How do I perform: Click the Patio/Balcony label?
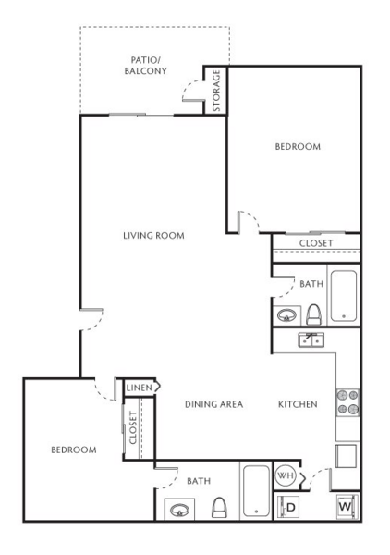pyautogui.click(x=145, y=66)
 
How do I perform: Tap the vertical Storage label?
pyautogui.click(x=216, y=91)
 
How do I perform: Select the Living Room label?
pyautogui.click(x=153, y=235)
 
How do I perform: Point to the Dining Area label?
pyautogui.click(x=213, y=404)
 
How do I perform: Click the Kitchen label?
pyautogui.click(x=298, y=404)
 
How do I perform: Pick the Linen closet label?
pyautogui.click(x=140, y=388)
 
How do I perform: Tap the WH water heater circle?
pyautogui.click(x=286, y=475)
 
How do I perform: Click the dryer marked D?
pyautogui.click(x=287, y=507)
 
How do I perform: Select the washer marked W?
pyautogui.click(x=347, y=506)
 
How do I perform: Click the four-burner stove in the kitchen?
pyautogui.click(x=347, y=402)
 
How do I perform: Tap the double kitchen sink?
pyautogui.click(x=311, y=339)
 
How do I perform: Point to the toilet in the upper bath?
pyautogui.click(x=313, y=314)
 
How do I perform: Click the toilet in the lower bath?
pyautogui.click(x=219, y=508)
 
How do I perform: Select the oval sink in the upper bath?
pyautogui.click(x=286, y=315)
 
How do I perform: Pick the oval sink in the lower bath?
pyautogui.click(x=179, y=510)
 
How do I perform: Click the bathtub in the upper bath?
pyautogui.click(x=343, y=296)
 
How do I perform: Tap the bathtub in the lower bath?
pyautogui.click(x=256, y=491)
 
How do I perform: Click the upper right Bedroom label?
pyautogui.click(x=298, y=146)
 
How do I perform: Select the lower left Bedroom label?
pyautogui.click(x=74, y=450)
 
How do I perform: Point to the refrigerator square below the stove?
pyautogui.click(x=346, y=456)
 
